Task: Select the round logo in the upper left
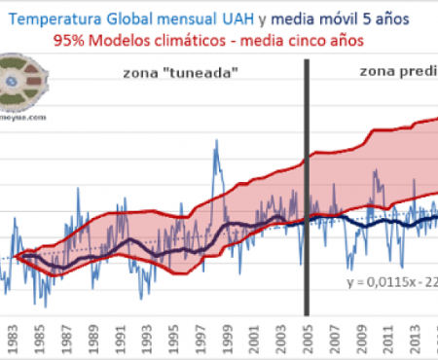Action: pyautogui.click(x=29, y=92)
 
